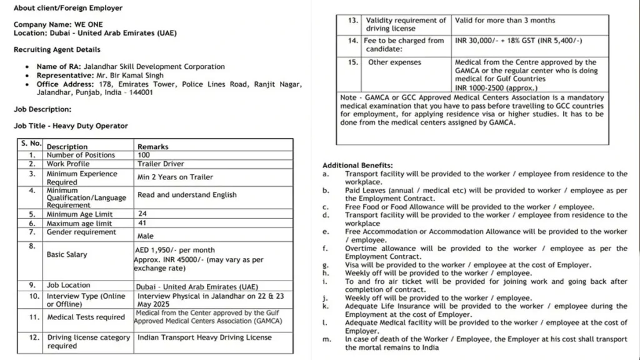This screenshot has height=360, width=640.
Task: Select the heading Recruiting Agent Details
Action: pos(57,49)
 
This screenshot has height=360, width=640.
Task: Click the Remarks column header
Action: pos(153,147)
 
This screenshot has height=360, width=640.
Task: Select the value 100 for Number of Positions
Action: pos(143,155)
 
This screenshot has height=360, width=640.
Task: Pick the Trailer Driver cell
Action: pos(161,164)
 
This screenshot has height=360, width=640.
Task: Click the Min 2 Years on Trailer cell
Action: pos(175,177)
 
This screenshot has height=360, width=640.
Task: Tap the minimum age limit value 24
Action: pos(142,214)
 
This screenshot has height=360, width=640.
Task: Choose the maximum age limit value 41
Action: pos(142,223)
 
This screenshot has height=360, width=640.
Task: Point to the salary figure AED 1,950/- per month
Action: pos(174,250)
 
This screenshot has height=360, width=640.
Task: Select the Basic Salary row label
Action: pos(67,255)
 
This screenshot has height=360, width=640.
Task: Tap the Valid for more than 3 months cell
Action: pos(505,21)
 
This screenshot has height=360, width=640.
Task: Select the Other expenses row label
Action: pos(394,62)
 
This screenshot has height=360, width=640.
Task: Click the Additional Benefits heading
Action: pos(357,165)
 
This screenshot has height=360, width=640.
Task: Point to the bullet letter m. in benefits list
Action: pos(326,339)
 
